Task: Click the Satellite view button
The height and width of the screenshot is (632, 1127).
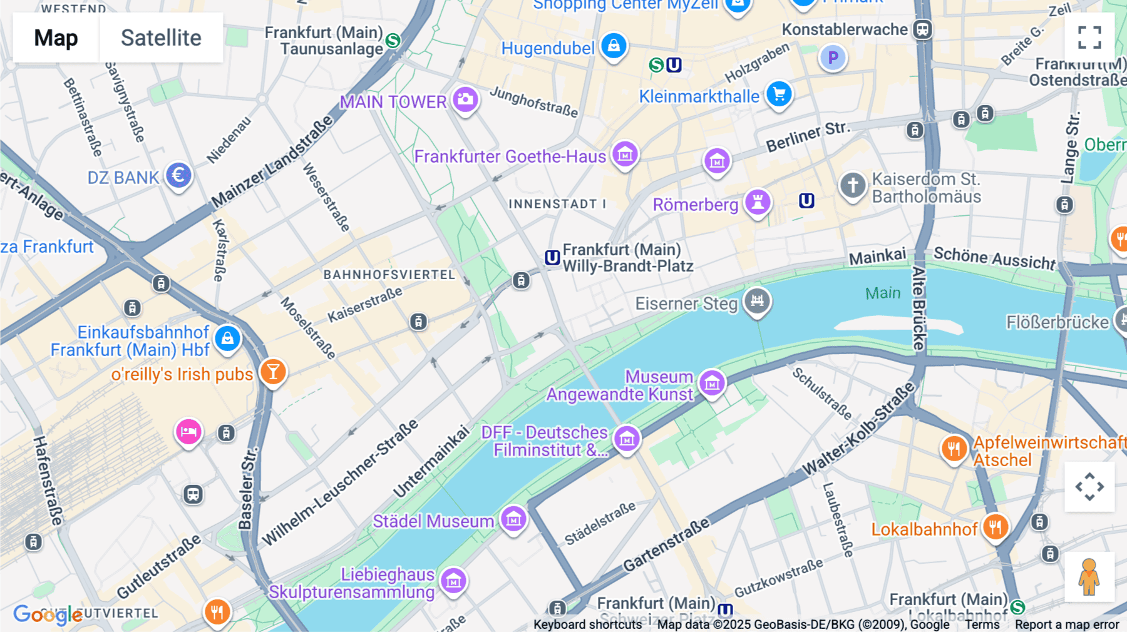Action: point(161,38)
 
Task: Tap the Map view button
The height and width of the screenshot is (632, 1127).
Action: point(56,38)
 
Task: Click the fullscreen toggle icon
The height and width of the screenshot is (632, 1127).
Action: point(1089,38)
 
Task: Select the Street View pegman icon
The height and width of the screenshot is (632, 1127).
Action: point(1089,577)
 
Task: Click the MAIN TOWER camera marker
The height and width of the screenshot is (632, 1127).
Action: point(465,99)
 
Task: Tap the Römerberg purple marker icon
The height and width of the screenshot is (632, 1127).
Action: point(758,202)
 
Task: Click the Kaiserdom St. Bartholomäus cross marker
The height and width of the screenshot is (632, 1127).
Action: point(852,185)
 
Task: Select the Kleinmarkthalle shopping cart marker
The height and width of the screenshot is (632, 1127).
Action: point(779,94)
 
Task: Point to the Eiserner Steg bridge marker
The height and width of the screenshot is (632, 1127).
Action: point(757,301)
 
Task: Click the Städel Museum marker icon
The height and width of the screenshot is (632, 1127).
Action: point(513,519)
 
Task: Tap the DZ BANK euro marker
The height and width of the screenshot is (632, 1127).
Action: point(178,175)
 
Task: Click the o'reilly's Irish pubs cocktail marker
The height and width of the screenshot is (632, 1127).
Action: point(273,372)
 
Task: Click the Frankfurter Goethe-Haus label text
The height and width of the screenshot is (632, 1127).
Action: point(510,156)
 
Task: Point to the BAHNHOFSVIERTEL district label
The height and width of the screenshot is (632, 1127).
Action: point(389,275)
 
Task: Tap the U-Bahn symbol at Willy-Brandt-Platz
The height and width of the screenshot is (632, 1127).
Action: point(552,258)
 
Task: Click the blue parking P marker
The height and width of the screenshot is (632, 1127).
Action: point(833,58)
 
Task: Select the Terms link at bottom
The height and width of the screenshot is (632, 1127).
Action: point(982,624)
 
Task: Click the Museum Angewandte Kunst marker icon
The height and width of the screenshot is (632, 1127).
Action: point(712,383)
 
